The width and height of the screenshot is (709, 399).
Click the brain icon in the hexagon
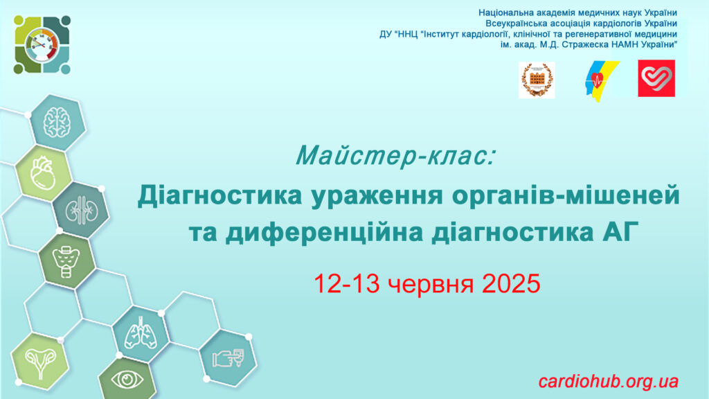pyautogui.click(x=57, y=123)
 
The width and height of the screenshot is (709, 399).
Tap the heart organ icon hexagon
pyautogui.click(x=43, y=173)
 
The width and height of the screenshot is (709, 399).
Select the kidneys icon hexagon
pyautogui.click(x=81, y=211)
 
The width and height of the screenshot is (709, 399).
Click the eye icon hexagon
pyautogui.click(x=127, y=379)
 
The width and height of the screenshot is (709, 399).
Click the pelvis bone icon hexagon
pyautogui.click(x=66, y=261)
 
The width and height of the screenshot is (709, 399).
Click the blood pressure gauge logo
pyautogui.click(x=42, y=44)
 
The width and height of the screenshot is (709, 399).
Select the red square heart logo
pyautogui.click(x=656, y=78)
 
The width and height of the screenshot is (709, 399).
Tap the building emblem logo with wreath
pyautogui.click(x=537, y=80)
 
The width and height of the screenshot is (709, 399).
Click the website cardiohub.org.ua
pyautogui.click(x=608, y=382)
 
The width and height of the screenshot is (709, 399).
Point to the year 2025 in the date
pyautogui.click(x=512, y=283)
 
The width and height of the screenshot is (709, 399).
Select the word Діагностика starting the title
pyautogui.click(x=219, y=195)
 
